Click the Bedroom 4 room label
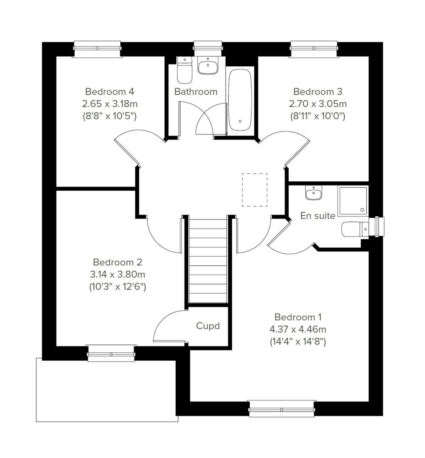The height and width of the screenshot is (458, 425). [109, 92]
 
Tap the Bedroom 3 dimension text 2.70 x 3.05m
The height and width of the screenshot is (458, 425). [318, 104]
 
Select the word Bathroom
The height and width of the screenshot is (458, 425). [195, 92]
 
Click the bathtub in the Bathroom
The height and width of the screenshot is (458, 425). [240, 100]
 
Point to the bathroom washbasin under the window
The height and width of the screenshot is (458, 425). [208, 66]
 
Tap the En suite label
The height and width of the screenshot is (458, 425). [317, 216]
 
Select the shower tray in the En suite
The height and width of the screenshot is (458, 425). [353, 201]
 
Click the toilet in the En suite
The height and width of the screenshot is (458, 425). [354, 229]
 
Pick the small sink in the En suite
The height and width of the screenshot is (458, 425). [313, 193]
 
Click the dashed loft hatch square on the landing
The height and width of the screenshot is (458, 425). [255, 190]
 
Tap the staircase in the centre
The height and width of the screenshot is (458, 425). [208, 261]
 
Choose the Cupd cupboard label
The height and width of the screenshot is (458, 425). [208, 326]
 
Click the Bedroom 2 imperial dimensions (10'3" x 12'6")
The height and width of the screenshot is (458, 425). [118, 287]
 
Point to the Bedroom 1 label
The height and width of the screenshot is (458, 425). [298, 317]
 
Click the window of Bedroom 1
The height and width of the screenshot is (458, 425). [282, 409]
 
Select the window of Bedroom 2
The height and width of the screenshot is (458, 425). [111, 353]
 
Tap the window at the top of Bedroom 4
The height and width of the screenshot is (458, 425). [97, 49]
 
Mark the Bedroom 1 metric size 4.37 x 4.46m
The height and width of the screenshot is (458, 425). [298, 329]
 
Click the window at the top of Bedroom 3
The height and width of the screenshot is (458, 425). [313, 49]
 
